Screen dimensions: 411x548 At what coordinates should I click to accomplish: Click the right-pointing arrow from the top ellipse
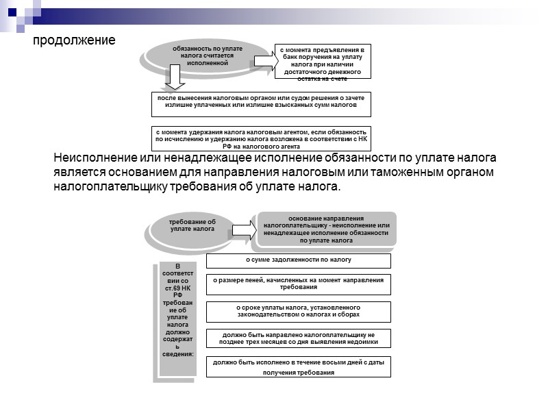[x=263, y=60]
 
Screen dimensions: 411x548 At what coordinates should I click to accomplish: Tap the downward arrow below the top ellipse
[x=175, y=79]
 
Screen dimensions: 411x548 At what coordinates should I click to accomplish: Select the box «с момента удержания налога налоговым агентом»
[x=260, y=138]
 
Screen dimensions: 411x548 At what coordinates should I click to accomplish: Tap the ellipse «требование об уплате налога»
[x=193, y=225]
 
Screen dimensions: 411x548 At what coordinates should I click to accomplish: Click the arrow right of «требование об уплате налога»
[x=242, y=229]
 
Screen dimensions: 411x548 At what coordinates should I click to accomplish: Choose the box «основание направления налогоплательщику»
[x=325, y=229]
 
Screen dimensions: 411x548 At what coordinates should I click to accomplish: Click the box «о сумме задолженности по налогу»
[x=299, y=261]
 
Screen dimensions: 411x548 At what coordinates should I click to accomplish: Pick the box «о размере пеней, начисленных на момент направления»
[x=299, y=284]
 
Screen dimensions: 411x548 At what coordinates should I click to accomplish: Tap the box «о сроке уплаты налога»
[x=299, y=312]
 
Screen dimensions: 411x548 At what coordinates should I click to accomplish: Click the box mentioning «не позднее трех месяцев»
[x=299, y=338]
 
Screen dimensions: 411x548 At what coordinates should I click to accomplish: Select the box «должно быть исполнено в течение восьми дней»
[x=299, y=366]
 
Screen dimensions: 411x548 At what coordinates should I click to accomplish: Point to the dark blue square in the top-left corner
[x=12, y=10]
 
